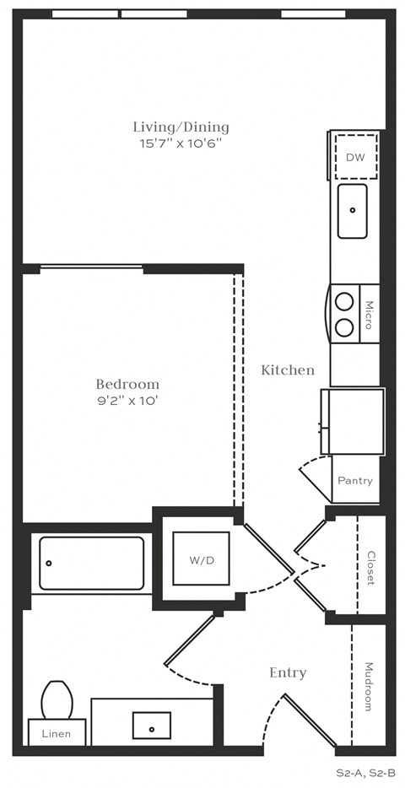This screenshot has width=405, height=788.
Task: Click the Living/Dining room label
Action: tap(181, 127)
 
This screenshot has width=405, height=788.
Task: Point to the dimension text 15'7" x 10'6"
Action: tap(181, 143)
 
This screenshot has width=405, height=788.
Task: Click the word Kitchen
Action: tap(288, 370)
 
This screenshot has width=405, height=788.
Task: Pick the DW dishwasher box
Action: tap(354, 156)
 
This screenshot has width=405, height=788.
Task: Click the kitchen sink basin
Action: tap(354, 211)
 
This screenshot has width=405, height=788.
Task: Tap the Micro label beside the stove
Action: tap(369, 314)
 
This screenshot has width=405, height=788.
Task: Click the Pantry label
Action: tap(354, 480)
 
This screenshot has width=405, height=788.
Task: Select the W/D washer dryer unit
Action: tap(201, 559)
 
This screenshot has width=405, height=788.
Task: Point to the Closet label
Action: tap(370, 568)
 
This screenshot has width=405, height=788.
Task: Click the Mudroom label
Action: tap(368, 685)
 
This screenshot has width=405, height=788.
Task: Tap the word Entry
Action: tap(288, 672)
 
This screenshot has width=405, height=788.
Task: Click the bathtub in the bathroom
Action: tap(91, 563)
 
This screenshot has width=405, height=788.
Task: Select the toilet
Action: tap(57, 699)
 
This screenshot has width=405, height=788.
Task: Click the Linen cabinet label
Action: tap(57, 734)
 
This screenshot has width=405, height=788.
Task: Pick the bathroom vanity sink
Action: tap(152, 725)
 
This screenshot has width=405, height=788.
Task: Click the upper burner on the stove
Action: tap(344, 300)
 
